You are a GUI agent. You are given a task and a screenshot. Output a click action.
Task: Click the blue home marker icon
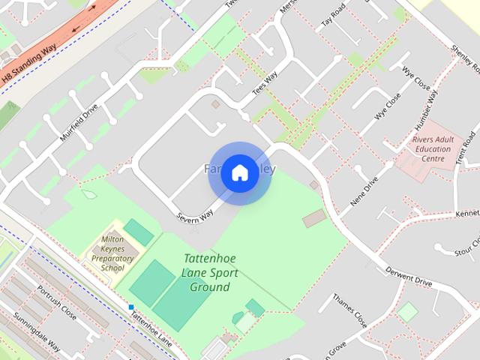click(239, 172)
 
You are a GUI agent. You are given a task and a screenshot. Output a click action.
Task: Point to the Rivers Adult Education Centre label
click(433, 148)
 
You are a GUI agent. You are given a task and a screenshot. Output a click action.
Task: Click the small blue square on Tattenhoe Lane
click(131, 307)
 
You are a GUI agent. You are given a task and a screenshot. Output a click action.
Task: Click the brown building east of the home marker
click(314, 218)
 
